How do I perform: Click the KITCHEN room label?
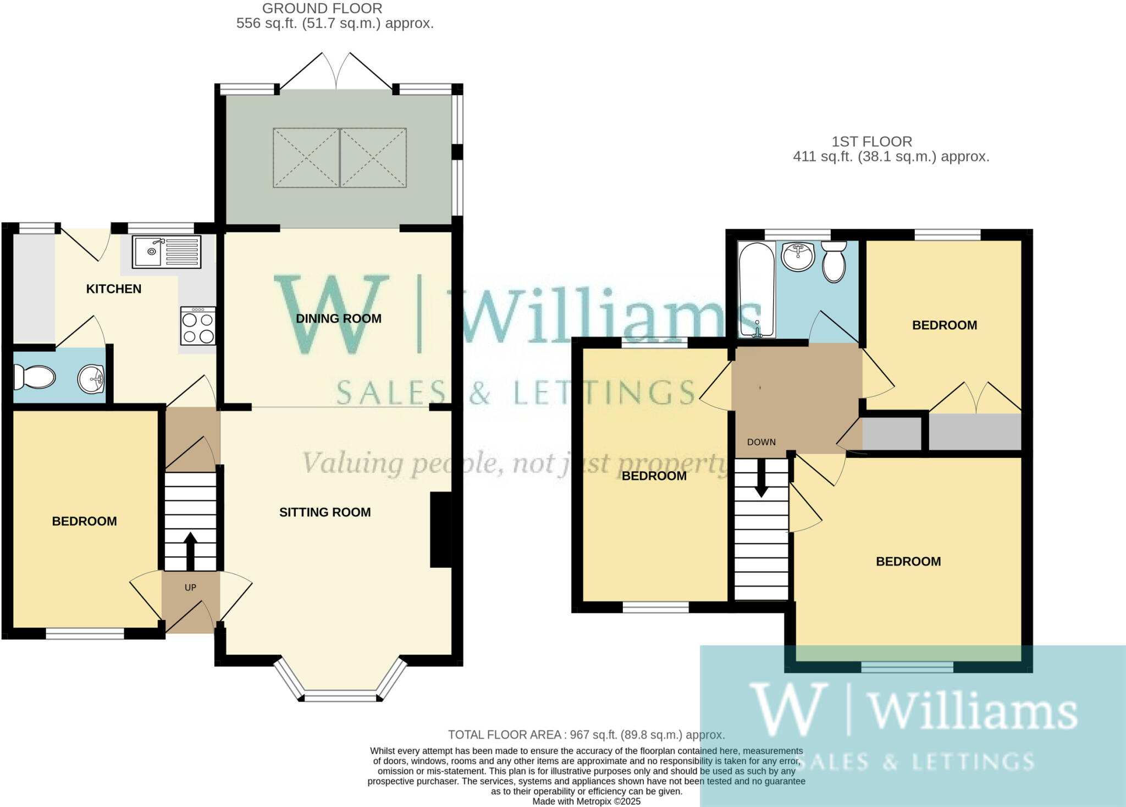(114, 289)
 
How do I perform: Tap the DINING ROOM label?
(338, 318)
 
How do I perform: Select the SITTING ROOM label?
(325, 512)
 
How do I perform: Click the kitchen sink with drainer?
(167, 251)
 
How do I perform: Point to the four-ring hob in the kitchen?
(198, 327)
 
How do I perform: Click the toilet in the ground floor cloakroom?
(35, 377)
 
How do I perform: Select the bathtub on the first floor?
(757, 290)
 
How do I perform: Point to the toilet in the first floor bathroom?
(834, 263)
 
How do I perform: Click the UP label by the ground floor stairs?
(190, 588)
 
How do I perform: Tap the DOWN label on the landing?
(761, 442)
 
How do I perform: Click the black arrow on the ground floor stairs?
(190, 550)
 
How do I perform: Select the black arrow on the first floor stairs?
(761, 477)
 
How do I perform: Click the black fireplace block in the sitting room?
(440, 529)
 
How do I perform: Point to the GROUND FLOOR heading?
(322, 8)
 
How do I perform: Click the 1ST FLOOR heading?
(871, 142)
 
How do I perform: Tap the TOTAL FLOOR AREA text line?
(586, 734)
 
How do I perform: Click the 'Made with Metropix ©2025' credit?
(586, 802)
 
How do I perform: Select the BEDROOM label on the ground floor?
(84, 521)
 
